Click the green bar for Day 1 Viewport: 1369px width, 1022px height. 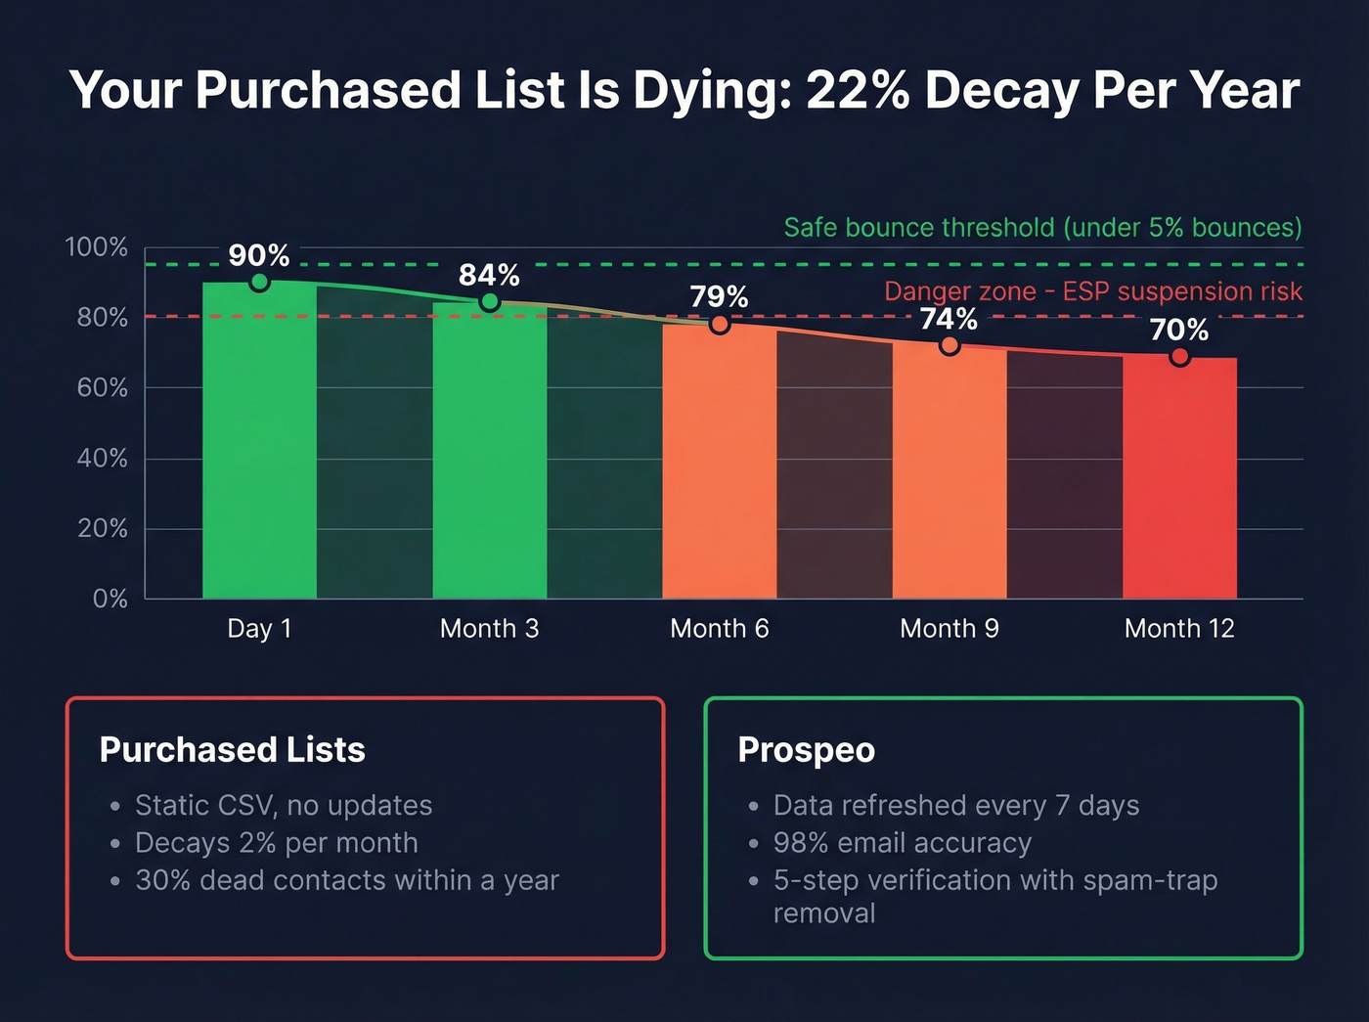pyautogui.click(x=259, y=440)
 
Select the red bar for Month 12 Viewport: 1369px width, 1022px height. pyautogui.click(x=1179, y=479)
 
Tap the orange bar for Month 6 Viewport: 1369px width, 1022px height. pyautogui.click(x=720, y=460)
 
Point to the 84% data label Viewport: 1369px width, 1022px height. pyautogui.click(x=489, y=275)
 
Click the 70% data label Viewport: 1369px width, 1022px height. pyautogui.click(x=1178, y=330)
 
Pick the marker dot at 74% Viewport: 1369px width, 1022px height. pyautogui.click(x=949, y=345)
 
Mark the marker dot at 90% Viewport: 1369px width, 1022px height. pyautogui.click(x=259, y=282)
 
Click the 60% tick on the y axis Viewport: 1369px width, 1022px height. pyautogui.click(x=102, y=388)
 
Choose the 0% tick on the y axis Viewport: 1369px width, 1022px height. pyautogui.click(x=110, y=599)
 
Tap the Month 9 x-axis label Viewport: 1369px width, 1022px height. pyautogui.click(x=949, y=628)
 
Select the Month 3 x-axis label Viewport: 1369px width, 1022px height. pyautogui.click(x=489, y=628)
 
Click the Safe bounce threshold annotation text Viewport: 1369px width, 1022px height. pyautogui.click(x=1042, y=228)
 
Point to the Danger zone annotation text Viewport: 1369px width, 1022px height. pyautogui.click(x=1092, y=291)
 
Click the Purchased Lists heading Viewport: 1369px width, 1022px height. pyautogui.click(x=232, y=750)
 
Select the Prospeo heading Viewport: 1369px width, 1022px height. pyautogui.click(x=806, y=750)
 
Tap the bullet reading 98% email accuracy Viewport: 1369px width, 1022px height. pyautogui.click(x=902, y=843)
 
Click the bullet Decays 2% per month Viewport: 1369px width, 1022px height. pyautogui.click(x=276, y=843)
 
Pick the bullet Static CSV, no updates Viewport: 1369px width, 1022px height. pyautogui.click(x=283, y=805)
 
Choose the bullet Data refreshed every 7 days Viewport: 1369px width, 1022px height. pyautogui.click(x=955, y=805)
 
